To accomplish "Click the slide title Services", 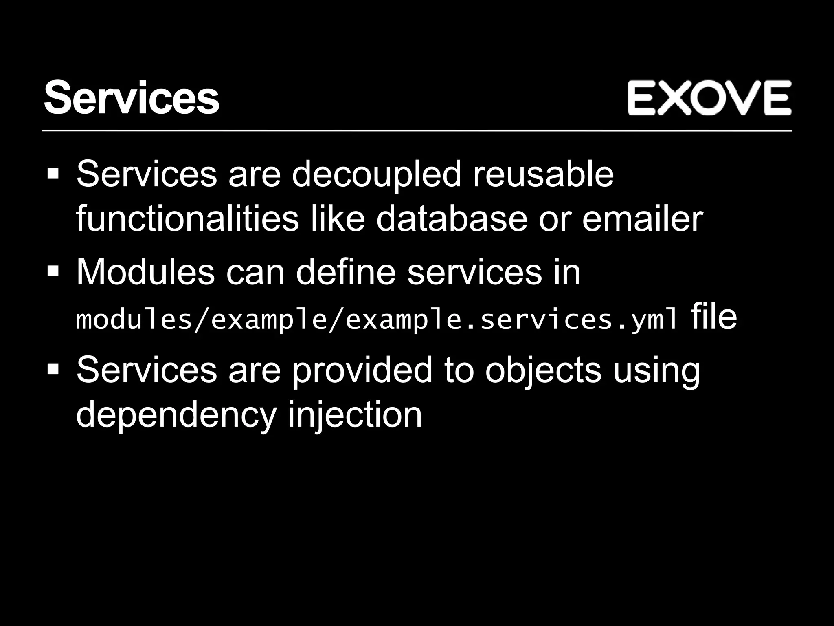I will [x=132, y=98].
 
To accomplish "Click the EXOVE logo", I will [x=709, y=98].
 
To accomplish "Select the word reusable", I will [x=543, y=174].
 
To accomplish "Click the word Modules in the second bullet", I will [x=145, y=272].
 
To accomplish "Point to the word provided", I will [x=362, y=370].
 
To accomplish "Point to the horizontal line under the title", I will [x=417, y=131].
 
